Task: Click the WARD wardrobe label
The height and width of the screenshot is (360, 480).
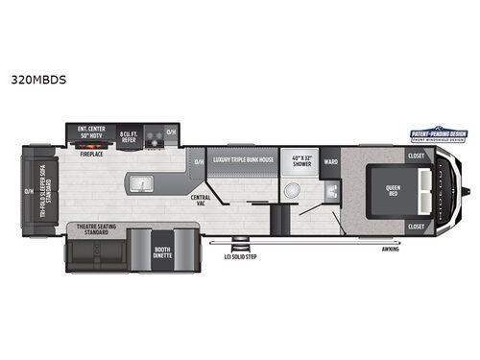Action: point(331,161)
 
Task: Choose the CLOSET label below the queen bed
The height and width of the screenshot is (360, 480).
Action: point(415,226)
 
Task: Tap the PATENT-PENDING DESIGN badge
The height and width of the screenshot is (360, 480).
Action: point(438,133)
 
